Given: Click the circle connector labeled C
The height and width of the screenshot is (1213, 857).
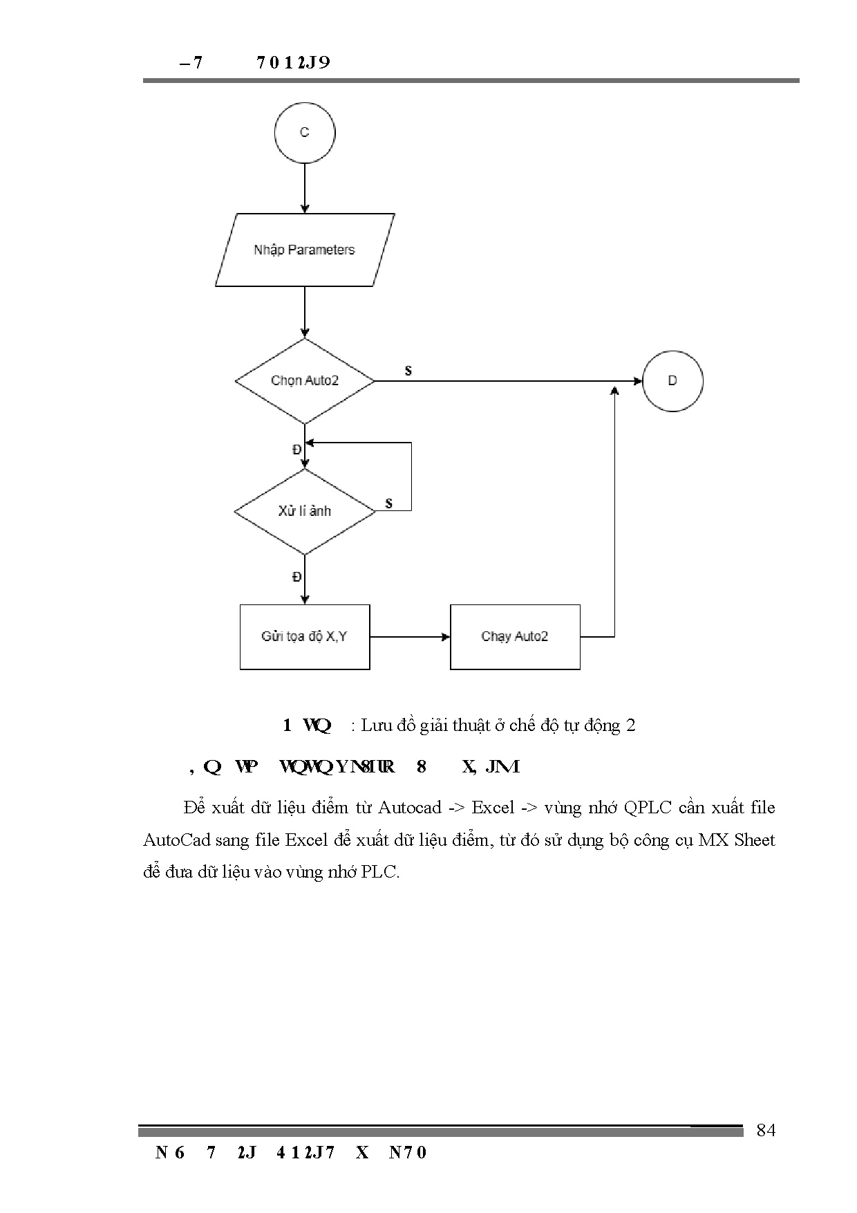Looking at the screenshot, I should click(304, 133).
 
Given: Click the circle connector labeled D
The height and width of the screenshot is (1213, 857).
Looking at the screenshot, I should click(672, 381).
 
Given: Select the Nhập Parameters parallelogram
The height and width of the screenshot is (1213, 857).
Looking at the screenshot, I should click(304, 250).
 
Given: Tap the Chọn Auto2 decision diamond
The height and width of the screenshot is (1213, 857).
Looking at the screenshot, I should click(305, 381).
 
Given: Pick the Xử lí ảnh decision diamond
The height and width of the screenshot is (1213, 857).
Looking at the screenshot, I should click(305, 512).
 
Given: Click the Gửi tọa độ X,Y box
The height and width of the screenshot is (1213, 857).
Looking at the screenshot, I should click(304, 637).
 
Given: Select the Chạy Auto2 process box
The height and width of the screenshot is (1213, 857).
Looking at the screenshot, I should click(515, 637).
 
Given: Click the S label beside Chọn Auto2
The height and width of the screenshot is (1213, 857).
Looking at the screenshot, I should click(408, 371).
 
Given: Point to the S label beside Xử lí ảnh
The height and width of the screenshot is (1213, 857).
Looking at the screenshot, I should click(389, 503).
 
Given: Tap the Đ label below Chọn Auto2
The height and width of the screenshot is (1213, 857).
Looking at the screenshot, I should click(296, 450).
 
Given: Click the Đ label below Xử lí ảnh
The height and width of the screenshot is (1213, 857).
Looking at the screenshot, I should click(296, 577).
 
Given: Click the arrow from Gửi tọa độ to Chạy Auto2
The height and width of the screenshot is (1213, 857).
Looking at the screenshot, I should click(410, 637).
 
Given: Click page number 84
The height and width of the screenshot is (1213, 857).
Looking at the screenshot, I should click(766, 1130).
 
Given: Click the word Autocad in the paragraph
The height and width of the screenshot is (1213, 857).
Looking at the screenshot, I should click(409, 808).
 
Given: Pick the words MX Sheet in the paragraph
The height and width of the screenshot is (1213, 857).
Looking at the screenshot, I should click(737, 840).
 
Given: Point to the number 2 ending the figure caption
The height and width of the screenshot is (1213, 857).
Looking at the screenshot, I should click(630, 725).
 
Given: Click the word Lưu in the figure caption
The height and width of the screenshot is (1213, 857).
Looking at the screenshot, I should click(377, 725).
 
